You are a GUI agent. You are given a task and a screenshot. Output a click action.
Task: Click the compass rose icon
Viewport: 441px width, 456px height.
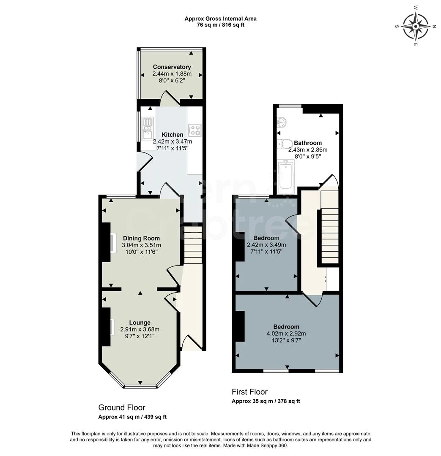tap(416, 26)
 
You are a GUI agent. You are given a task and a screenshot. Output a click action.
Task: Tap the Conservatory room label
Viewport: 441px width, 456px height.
tap(172, 67)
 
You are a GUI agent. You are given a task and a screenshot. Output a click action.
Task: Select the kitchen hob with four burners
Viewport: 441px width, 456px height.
tap(194, 130)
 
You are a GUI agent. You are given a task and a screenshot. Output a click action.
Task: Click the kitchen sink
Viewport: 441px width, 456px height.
tap(148, 128)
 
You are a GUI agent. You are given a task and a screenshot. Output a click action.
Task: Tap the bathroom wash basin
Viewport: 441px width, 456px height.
tap(282, 122)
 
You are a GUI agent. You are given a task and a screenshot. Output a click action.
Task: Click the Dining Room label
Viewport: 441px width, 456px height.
tap(141, 238)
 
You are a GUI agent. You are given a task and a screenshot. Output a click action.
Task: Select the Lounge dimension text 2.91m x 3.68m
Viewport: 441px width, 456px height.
tap(140, 329)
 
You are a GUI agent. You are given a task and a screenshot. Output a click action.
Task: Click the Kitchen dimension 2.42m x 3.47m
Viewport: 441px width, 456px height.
tap(173, 141)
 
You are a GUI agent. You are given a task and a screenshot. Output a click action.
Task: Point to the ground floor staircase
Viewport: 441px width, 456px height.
tap(193, 245)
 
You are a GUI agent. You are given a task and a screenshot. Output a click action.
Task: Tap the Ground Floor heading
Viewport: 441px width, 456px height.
tap(122, 407)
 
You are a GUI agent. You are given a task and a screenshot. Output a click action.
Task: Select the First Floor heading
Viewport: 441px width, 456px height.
tap(249, 392)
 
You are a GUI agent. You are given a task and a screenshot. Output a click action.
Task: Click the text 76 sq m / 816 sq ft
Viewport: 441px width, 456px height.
tap(221, 25)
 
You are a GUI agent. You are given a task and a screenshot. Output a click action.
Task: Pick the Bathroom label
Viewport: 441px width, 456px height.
tap(308, 143)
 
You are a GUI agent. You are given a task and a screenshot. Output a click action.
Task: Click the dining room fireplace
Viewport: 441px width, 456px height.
tap(112, 242)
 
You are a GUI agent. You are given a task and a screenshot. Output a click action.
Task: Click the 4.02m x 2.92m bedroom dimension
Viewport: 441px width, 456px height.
tap(286, 334)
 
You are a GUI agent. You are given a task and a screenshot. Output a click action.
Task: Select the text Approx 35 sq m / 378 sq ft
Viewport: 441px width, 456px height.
tap(266, 402)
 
